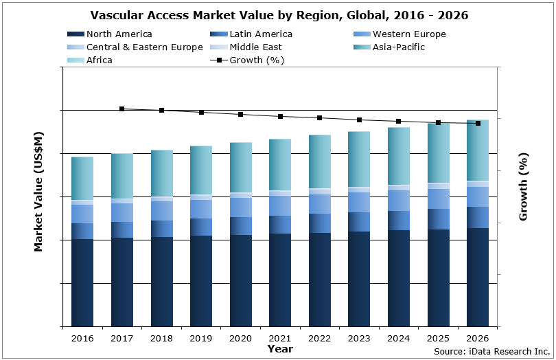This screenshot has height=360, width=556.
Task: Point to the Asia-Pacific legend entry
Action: point(398,47)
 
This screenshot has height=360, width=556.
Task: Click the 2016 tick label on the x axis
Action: point(82,339)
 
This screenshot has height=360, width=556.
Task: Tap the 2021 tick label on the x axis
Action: point(280,339)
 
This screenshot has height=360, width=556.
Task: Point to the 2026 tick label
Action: point(478,339)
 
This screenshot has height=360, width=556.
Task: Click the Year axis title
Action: point(279,349)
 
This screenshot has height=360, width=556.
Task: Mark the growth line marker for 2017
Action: point(122,109)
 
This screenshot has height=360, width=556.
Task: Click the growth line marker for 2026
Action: point(478,124)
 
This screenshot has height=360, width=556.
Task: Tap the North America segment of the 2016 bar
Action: point(82,282)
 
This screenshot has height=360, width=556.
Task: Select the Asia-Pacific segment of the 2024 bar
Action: point(399,156)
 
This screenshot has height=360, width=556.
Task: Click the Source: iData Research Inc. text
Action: point(491,352)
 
